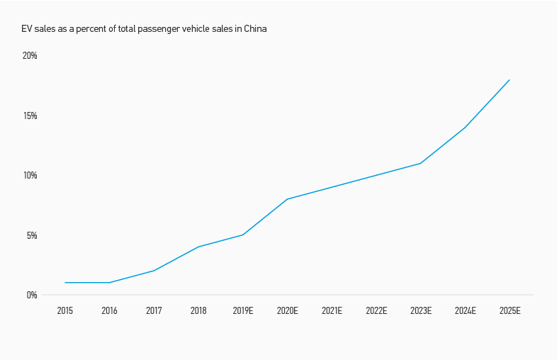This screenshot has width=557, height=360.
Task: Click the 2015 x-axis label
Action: pos(65,310)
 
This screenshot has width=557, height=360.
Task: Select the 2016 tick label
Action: pos(109,310)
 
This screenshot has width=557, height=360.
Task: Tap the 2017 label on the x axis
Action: pos(154,310)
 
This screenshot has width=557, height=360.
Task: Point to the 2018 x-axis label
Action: pos(198,310)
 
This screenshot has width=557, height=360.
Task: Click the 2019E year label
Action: pos(243,310)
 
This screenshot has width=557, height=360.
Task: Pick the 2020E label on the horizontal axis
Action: pos(287,310)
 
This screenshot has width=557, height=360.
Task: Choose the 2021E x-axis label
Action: pos(332,310)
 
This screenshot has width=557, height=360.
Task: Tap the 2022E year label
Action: pos(376,310)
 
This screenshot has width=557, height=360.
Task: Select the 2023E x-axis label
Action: pos(421,310)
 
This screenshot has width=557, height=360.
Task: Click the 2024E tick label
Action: pos(465,310)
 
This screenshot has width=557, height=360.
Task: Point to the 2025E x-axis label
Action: pos(510,310)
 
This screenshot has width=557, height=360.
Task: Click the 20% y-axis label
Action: pos(30,56)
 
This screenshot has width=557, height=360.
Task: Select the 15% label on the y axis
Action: pos(30,116)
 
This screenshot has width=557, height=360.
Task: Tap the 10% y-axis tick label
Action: pos(30,175)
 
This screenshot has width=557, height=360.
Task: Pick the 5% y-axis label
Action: pos(32,235)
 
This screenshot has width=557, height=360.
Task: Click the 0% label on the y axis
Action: pos(32,295)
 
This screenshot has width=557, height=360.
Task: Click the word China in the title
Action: pos(255,29)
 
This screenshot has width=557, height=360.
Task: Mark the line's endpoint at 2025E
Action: pos(510,80)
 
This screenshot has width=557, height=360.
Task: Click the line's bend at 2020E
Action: pos(287,199)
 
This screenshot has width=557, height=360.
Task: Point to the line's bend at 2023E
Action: pos(421,163)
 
